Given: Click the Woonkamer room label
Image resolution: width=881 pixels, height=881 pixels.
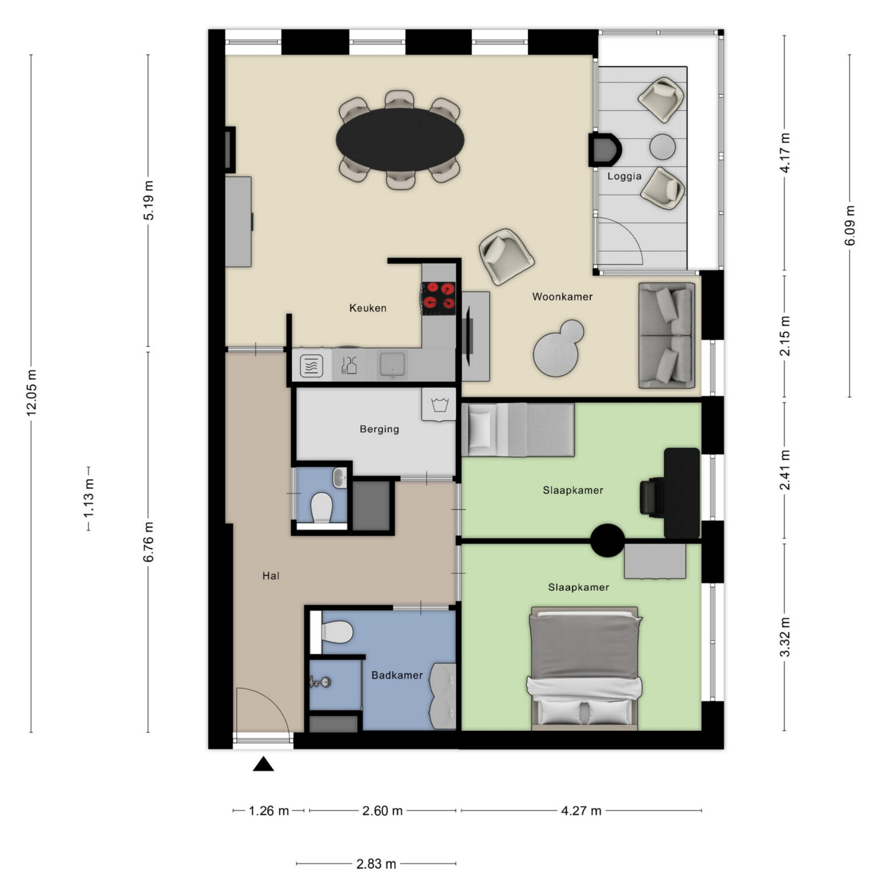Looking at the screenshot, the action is coord(562,297).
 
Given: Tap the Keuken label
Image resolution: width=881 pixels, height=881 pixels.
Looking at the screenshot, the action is coord(368,308).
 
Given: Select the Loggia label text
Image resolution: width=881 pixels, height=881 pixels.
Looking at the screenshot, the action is coord(624,176).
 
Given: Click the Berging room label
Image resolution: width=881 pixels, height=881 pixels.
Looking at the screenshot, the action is coord(379,429).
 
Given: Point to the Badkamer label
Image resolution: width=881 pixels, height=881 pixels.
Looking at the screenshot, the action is coord(397,675).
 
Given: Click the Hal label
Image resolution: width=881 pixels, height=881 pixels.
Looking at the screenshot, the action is coord(271,576).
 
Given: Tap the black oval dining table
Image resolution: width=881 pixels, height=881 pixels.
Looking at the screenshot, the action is coord(400,139).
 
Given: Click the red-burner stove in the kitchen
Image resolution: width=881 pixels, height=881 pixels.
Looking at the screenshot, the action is coord(439,298).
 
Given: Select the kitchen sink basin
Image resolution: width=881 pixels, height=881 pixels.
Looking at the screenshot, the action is coord(393,365).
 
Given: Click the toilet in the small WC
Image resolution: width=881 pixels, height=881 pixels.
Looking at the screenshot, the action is coord(321,508).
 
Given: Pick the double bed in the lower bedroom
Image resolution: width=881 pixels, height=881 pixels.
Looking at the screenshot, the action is coord(584,668).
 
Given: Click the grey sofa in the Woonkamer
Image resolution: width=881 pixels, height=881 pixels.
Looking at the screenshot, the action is coord(667,336).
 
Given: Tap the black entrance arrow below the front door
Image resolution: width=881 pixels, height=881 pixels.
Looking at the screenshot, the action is coord(263,764).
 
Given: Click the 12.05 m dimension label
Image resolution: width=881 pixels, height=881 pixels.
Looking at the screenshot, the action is coord(31,393).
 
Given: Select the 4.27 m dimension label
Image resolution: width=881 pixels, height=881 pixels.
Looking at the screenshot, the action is coord(581,810).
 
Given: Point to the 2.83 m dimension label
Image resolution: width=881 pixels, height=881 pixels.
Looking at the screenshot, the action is coord(376,864).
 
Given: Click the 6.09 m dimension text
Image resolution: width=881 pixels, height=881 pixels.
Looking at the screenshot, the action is coord(849,225).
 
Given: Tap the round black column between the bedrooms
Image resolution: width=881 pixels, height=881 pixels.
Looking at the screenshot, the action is coord(607,540).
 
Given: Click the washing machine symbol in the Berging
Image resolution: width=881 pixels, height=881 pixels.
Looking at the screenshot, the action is coord(439,404).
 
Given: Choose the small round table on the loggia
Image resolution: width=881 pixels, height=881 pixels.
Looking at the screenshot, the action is coord(662,146).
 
